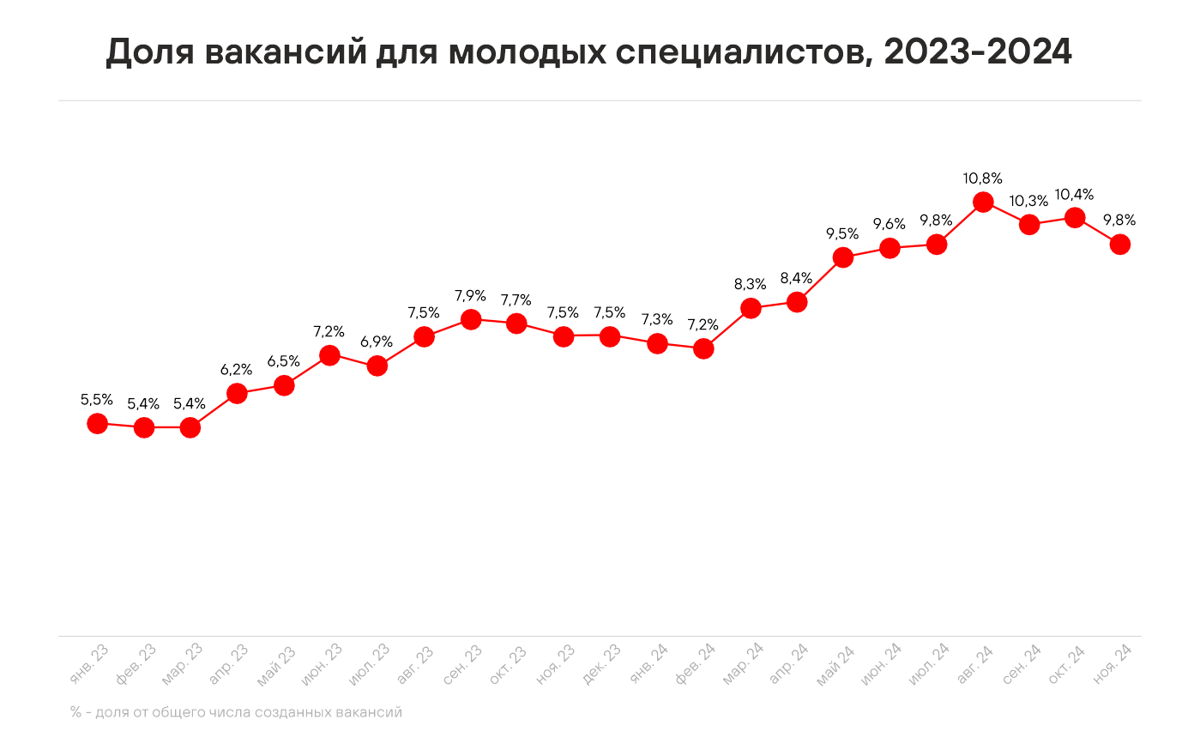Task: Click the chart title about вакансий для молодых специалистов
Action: (x=588, y=52)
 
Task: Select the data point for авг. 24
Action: (x=983, y=203)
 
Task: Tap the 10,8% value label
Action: (x=983, y=178)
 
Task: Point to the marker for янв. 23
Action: (x=98, y=423)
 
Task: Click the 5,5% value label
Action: (x=97, y=399)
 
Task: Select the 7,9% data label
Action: (x=470, y=296)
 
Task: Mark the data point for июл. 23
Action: (x=377, y=366)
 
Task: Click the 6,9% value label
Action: (x=377, y=342)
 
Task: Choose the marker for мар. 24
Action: (x=751, y=308)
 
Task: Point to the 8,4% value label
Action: (x=796, y=278)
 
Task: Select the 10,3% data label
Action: (x=1028, y=201)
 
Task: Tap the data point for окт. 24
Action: (x=1074, y=218)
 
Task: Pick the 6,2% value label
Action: (x=237, y=370)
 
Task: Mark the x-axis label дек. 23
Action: (x=602, y=664)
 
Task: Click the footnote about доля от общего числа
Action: (x=237, y=712)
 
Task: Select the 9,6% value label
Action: (x=889, y=225)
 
